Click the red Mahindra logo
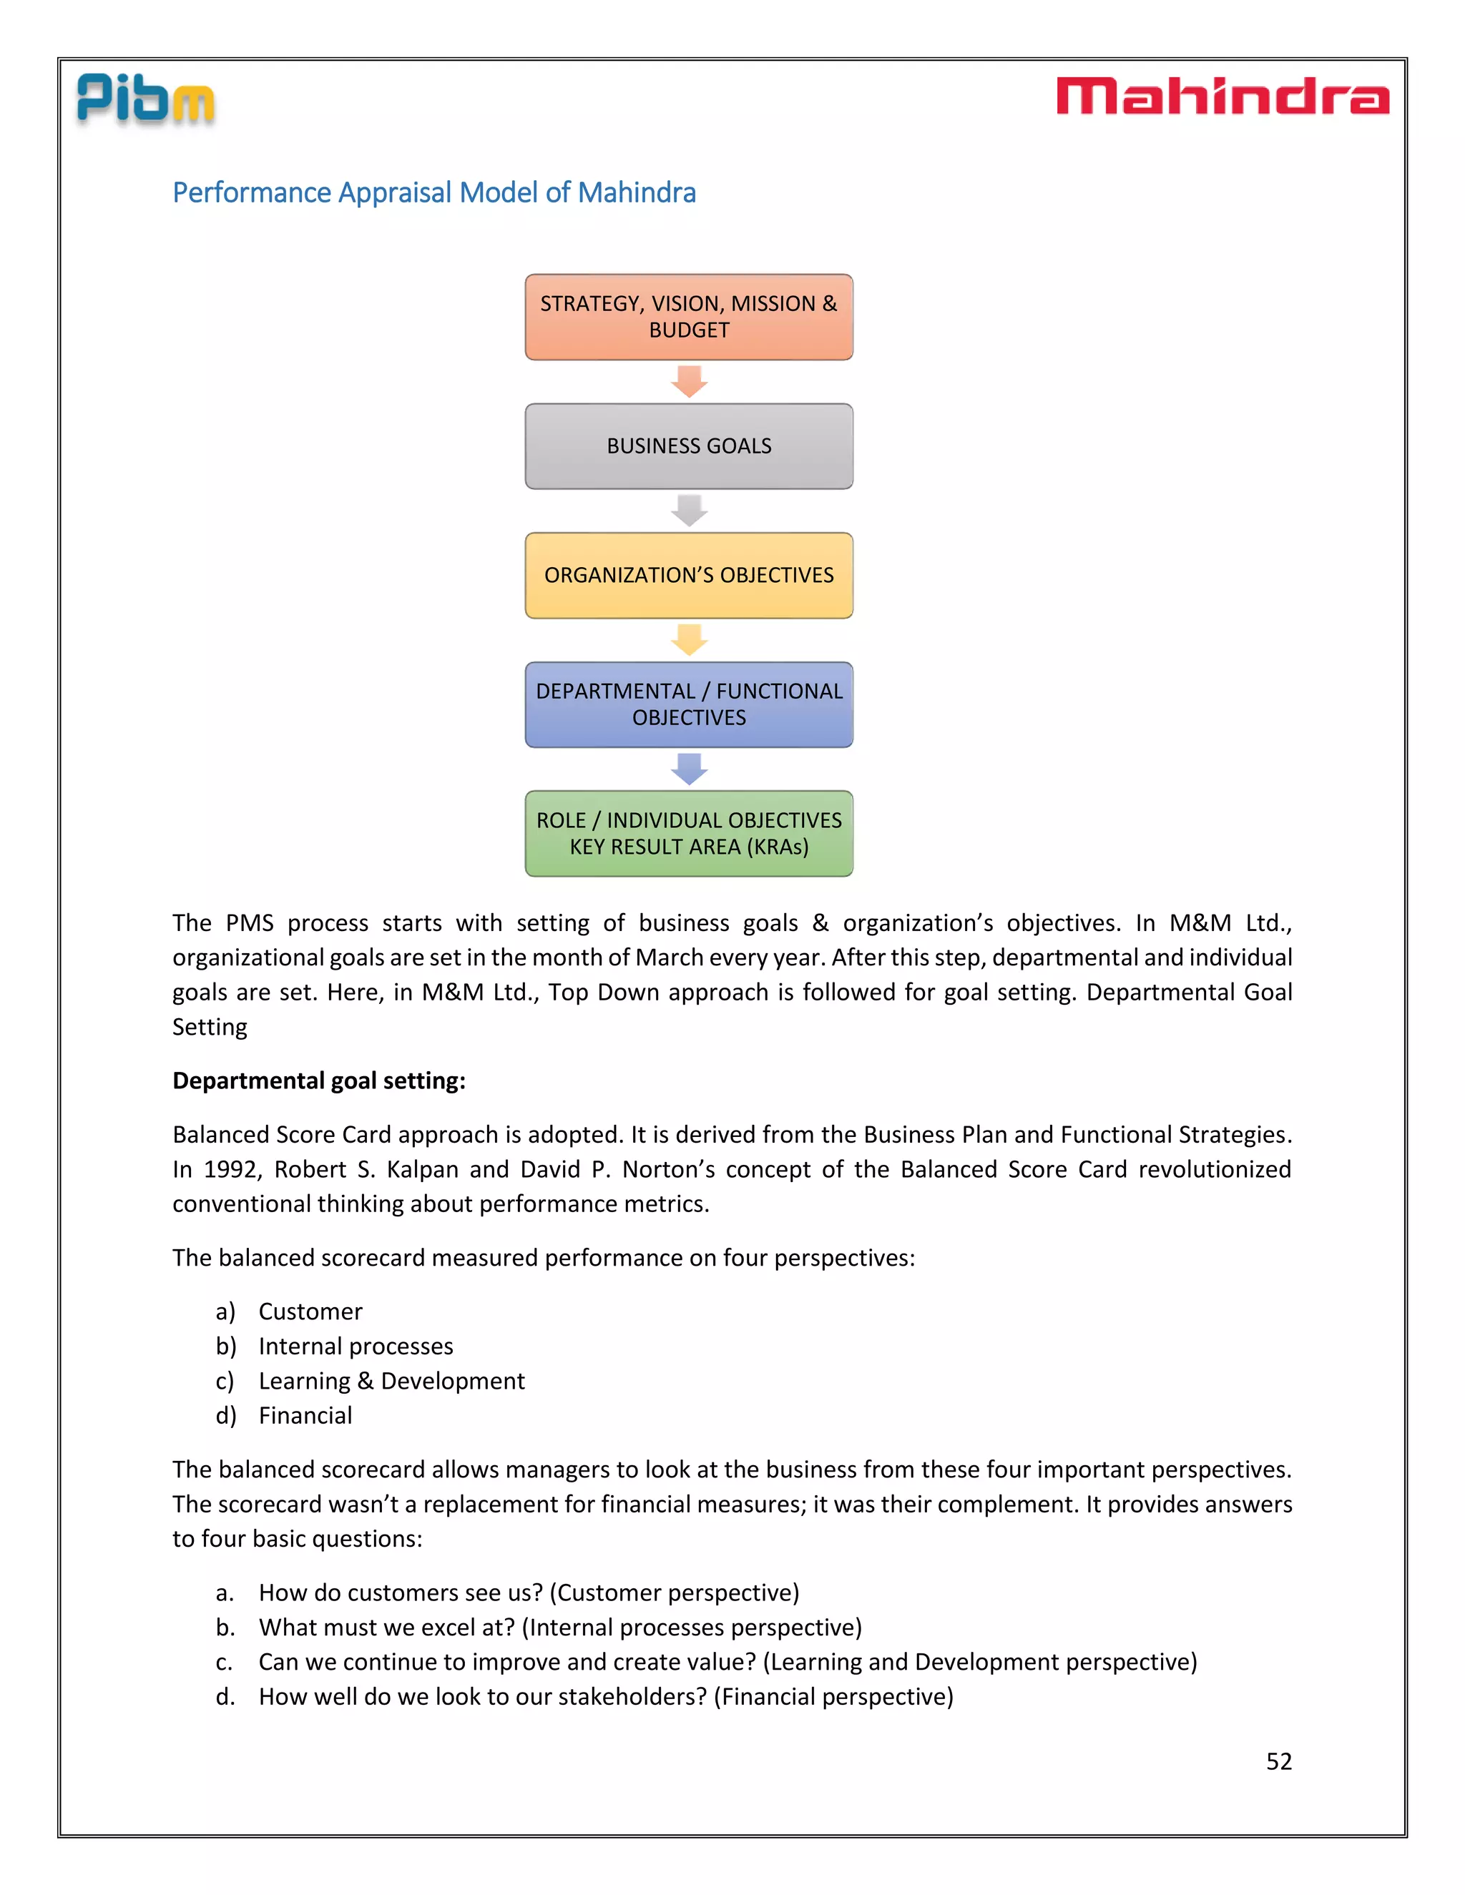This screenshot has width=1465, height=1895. [1222, 97]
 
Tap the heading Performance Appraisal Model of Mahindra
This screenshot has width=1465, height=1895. [434, 192]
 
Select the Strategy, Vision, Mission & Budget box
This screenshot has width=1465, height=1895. [688, 317]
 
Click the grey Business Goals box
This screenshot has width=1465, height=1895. [688, 446]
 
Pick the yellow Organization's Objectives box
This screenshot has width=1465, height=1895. [688, 575]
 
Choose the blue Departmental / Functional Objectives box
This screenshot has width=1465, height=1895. [688, 704]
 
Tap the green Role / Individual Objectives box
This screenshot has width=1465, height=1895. [688, 833]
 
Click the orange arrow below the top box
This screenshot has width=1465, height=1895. [689, 381]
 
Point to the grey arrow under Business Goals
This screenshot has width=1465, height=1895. [689, 510]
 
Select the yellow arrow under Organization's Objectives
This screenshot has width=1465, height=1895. [689, 639]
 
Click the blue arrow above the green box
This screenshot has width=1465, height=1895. [689, 769]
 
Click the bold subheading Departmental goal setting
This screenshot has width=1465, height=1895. [318, 1081]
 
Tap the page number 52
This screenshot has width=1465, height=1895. [1278, 1761]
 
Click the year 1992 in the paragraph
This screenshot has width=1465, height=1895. [227, 1170]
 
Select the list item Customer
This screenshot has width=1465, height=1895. [310, 1312]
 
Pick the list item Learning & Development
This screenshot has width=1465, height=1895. [391, 1382]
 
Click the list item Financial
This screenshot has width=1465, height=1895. [305, 1416]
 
